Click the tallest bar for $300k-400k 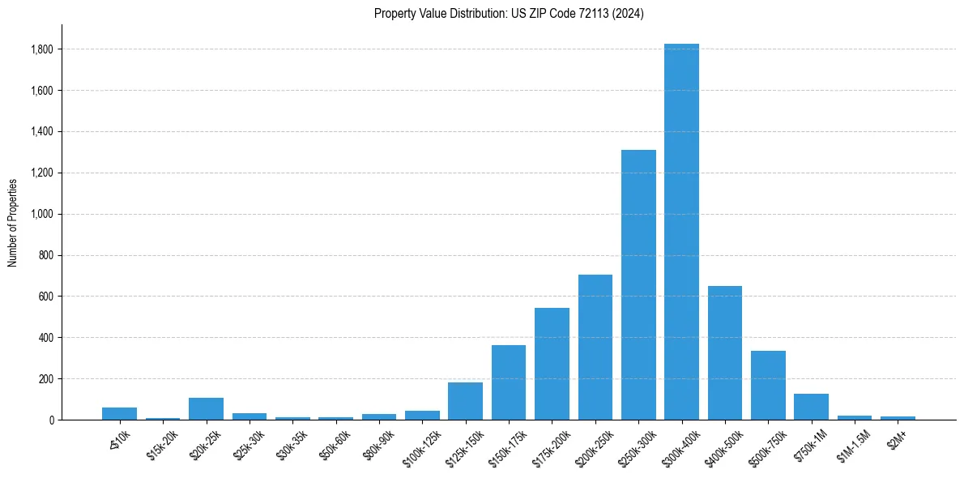pyautogui.click(x=681, y=232)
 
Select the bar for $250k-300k pyautogui.click(x=638, y=284)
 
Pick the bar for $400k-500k pyautogui.click(x=725, y=352)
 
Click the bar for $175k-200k pyautogui.click(x=552, y=364)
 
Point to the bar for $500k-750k pyautogui.click(x=768, y=385)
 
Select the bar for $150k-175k pyautogui.click(x=509, y=382)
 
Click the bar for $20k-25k pyautogui.click(x=206, y=408)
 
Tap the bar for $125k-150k pyautogui.click(x=465, y=401)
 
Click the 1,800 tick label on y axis pyautogui.click(x=42, y=49)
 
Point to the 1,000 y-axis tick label pyautogui.click(x=42, y=214)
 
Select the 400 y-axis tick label pyautogui.click(x=47, y=337)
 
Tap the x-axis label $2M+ pyautogui.click(x=895, y=437)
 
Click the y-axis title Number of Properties pyautogui.click(x=13, y=222)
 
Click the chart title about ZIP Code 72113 pyautogui.click(x=509, y=14)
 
